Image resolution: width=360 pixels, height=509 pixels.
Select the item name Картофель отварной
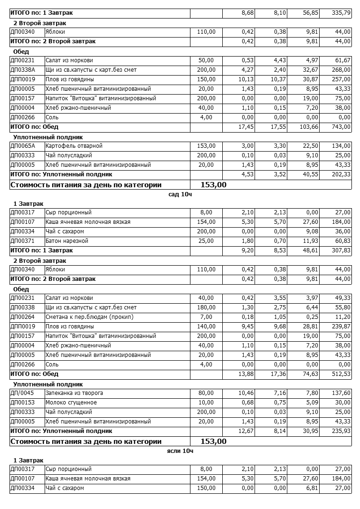(74, 146)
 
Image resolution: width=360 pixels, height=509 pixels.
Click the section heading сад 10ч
(180, 194)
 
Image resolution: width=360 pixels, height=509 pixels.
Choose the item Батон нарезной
(66, 241)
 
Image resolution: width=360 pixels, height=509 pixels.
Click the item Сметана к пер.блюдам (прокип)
(89, 317)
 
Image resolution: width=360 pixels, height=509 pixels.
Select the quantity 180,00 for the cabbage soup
(206, 307)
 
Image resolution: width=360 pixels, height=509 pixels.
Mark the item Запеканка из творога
(74, 393)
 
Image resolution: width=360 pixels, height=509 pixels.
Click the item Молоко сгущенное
(71, 403)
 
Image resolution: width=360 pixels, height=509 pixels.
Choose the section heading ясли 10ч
(180, 451)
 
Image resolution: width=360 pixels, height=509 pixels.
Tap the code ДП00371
(22, 241)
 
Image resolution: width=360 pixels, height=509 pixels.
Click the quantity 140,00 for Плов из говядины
(206, 327)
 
